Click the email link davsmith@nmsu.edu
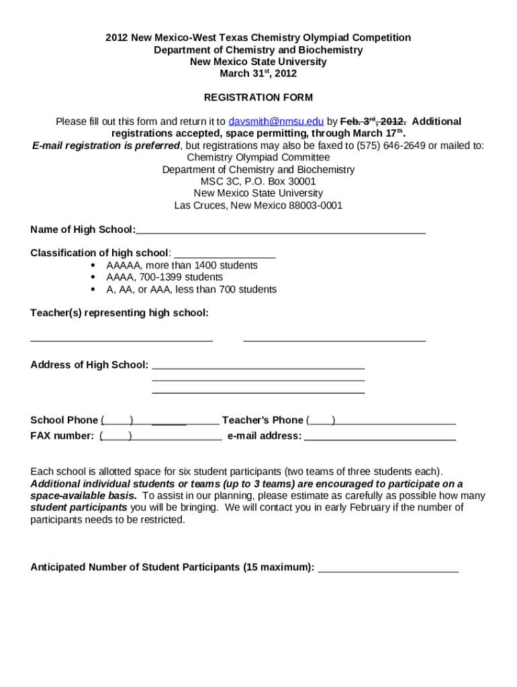point(276,121)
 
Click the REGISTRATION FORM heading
point(258,97)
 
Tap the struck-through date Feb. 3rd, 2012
point(373,121)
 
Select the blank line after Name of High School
point(281,231)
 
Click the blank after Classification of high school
point(224,254)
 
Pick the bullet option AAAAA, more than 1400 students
point(182,266)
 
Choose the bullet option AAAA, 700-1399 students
point(164,277)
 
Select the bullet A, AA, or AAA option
point(191,289)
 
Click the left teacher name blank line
point(122,338)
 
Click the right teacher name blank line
point(334,338)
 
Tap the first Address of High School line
point(258,366)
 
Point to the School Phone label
point(64,420)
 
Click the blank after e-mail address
point(380,437)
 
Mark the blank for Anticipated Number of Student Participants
point(388,569)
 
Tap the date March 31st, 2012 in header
point(258,74)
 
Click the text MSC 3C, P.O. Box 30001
point(258,181)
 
